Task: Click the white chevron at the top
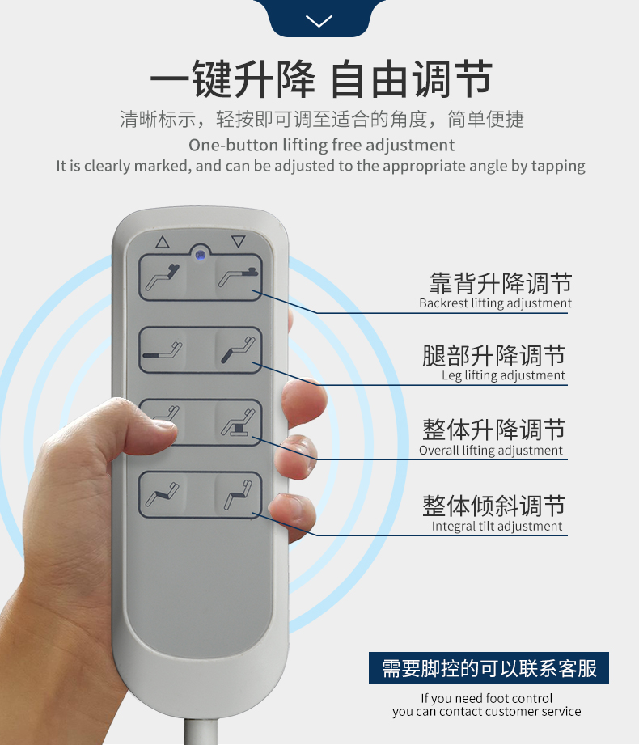tap(319, 21)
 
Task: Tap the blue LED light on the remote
tap(199, 255)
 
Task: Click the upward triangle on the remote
tap(162, 241)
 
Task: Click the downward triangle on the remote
tap(237, 241)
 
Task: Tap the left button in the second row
tap(163, 350)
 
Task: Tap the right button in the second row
tap(238, 350)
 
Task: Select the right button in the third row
tap(238, 422)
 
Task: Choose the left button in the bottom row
tap(163, 494)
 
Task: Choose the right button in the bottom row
tap(238, 494)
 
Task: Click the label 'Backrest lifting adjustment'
tap(495, 303)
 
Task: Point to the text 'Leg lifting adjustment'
tap(503, 375)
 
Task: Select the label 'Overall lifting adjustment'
tap(491, 451)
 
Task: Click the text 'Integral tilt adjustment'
tap(497, 526)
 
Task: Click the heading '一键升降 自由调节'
tap(320, 81)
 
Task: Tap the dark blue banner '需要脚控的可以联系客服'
tap(489, 669)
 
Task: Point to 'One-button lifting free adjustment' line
tap(321, 146)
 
